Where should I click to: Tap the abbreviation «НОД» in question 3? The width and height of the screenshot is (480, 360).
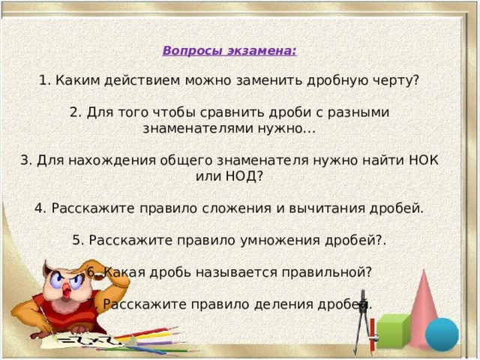coord(241,177)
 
